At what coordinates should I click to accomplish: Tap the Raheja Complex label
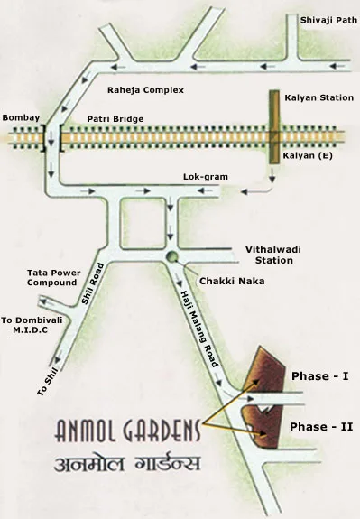coord(145,91)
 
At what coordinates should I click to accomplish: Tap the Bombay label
coord(22,117)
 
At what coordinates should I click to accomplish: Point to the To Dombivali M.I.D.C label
coord(30,325)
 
